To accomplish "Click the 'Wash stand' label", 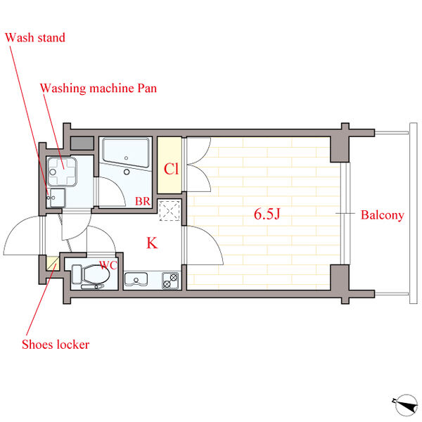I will click(x=35, y=37).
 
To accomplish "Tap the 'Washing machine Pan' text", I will click(x=98, y=89).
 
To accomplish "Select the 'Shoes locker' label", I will click(x=56, y=345).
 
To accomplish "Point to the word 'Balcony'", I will click(x=382, y=215).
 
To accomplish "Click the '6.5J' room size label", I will click(x=267, y=215).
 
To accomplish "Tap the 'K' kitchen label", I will click(x=151, y=244).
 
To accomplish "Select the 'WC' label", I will click(x=108, y=265).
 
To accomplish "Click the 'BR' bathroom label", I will click(x=143, y=201).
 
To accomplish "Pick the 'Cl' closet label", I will click(x=170, y=170).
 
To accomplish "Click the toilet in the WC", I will click(x=91, y=276).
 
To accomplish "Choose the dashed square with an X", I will click(x=170, y=211).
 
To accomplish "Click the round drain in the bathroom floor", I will click(x=127, y=170).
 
